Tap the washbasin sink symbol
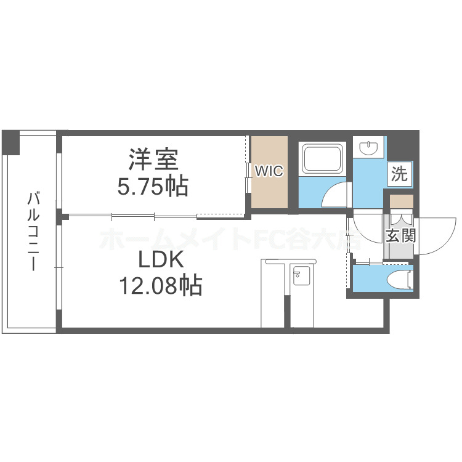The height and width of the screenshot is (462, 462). point(369,148)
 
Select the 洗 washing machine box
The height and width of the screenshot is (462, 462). point(400,174)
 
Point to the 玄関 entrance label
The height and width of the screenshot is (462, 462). point(401,236)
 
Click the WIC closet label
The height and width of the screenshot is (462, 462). point(269,171)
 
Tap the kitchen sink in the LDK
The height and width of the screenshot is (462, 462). point(300,277)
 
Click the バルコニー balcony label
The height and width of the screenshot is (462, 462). point(34,231)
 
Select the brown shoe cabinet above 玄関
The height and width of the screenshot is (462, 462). point(401,201)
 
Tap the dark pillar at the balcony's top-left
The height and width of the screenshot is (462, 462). point(10,142)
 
